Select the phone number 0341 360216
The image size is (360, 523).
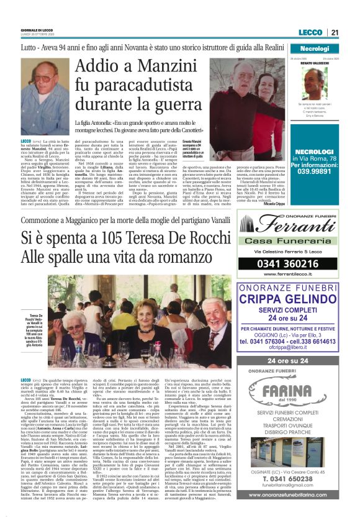[294, 263]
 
